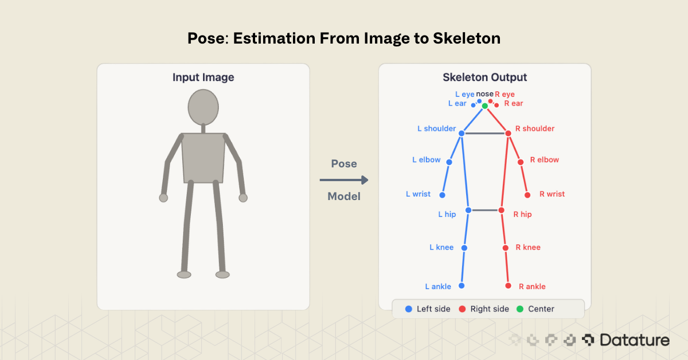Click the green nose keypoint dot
click(x=484, y=106)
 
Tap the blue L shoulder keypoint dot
click(x=462, y=133)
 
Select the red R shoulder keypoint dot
click(x=508, y=133)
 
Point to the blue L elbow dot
click(x=449, y=162)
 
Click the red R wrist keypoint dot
click(x=527, y=195)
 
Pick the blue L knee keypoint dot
click(x=464, y=248)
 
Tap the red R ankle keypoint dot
click(x=508, y=285)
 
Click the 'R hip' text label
click(x=522, y=214)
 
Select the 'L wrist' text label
click(x=418, y=194)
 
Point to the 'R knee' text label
click(x=527, y=248)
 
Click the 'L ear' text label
click(x=457, y=104)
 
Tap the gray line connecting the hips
click(x=484, y=210)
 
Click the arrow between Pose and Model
click(x=344, y=180)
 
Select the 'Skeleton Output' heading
click(x=484, y=77)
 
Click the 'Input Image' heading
click(x=203, y=77)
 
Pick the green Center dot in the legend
click(x=520, y=309)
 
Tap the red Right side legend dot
click(x=462, y=309)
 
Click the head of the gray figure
click(x=203, y=107)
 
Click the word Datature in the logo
click(x=635, y=340)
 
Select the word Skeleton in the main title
click(x=465, y=39)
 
